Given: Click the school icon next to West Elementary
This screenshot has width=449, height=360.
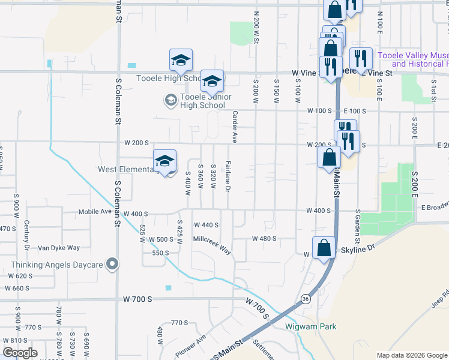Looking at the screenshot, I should pyautogui.click(x=164, y=161).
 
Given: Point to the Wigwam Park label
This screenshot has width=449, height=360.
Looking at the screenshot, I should pyautogui.click(x=310, y=327).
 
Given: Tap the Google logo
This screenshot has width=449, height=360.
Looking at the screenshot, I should pyautogui.click(x=20, y=353).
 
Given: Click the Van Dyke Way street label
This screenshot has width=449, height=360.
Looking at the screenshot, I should pyautogui.click(x=59, y=248).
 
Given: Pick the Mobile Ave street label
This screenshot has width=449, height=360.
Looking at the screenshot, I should pyautogui.click(x=95, y=212).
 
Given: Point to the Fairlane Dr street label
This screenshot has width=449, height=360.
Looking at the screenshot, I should pyautogui.click(x=228, y=176).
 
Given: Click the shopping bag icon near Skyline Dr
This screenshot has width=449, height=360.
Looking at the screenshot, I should pyautogui.click(x=324, y=248).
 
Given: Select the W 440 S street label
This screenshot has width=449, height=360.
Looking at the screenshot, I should pyautogui.click(x=206, y=225).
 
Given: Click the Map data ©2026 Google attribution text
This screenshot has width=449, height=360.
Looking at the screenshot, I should pyautogui.click(x=411, y=355).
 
